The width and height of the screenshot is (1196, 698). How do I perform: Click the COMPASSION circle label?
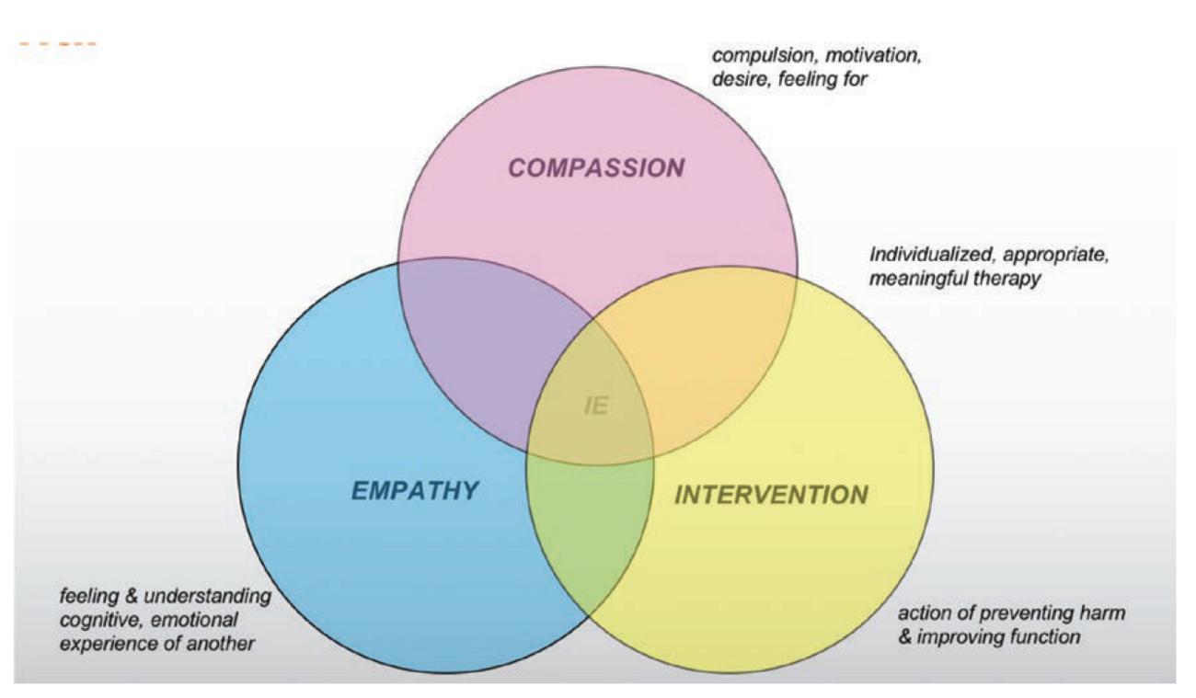pos(597,168)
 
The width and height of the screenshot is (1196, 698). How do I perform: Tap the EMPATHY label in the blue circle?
pos(415,490)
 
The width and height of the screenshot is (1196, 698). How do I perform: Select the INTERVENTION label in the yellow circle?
pos(771,495)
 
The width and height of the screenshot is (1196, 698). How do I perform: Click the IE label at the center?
pos(596,406)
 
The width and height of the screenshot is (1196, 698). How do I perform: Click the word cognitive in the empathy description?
pos(94,619)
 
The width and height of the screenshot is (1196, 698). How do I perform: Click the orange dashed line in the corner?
pos(57,44)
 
